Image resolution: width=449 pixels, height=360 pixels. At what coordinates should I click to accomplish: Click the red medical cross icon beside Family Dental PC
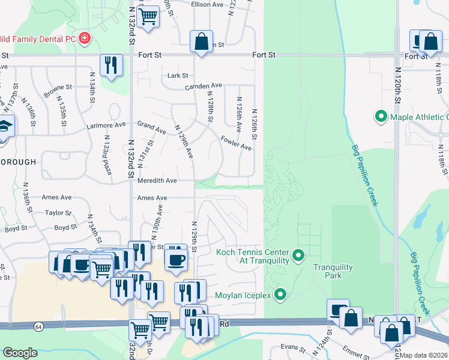pyautogui.click(x=85, y=39)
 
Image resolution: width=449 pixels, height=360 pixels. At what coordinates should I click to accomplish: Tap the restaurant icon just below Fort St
pyautogui.click(x=111, y=65)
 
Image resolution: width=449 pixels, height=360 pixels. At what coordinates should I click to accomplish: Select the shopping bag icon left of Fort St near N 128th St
pyautogui.click(x=202, y=42)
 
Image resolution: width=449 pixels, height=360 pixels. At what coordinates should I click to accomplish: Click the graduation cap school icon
pyautogui.click(x=5, y=127)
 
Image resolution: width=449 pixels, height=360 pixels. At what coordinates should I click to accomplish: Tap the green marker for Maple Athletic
pyautogui.click(x=380, y=116)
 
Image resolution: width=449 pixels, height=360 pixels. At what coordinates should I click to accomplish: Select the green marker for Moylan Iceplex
pyautogui.click(x=280, y=294)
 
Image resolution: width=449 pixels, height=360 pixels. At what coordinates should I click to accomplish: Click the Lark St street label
pyautogui.click(x=178, y=76)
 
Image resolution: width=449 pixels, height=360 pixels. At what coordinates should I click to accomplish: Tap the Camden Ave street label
pyautogui.click(x=203, y=86)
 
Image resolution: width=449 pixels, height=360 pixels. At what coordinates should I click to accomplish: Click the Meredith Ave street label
pyautogui.click(x=157, y=180)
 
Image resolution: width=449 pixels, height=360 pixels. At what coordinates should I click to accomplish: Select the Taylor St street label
pyautogui.click(x=58, y=212)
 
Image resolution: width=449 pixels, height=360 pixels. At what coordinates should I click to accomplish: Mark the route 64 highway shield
pyautogui.click(x=38, y=326)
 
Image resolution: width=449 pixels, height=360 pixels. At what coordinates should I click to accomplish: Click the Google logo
pyautogui.click(x=20, y=353)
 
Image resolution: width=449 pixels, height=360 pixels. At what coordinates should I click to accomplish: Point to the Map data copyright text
pyautogui.click(x=424, y=355)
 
